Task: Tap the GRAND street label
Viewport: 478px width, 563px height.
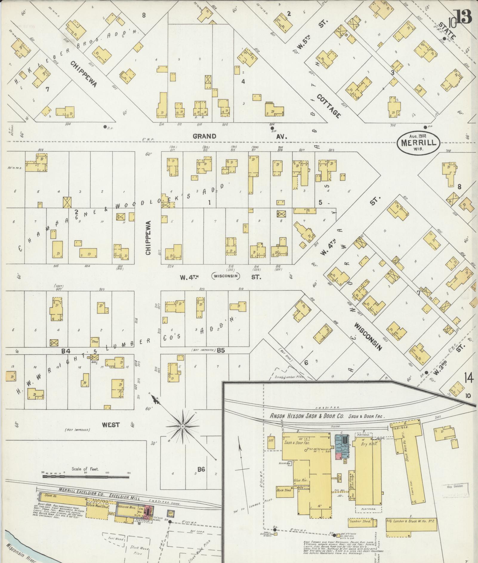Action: pyautogui.click(x=204, y=136)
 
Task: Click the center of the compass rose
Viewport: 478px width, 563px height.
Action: pyautogui.click(x=182, y=427)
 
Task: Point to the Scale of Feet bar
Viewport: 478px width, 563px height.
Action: pyautogui.click(x=86, y=476)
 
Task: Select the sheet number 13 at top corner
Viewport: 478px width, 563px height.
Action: pyautogui.click(x=463, y=16)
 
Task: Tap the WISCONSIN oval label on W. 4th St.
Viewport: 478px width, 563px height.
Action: pyautogui.click(x=226, y=276)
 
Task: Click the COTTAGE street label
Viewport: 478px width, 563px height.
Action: pyautogui.click(x=329, y=106)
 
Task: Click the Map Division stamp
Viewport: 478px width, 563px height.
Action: pyautogui.click(x=454, y=486)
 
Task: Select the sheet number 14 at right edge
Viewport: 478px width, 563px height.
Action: pyautogui.click(x=468, y=378)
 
